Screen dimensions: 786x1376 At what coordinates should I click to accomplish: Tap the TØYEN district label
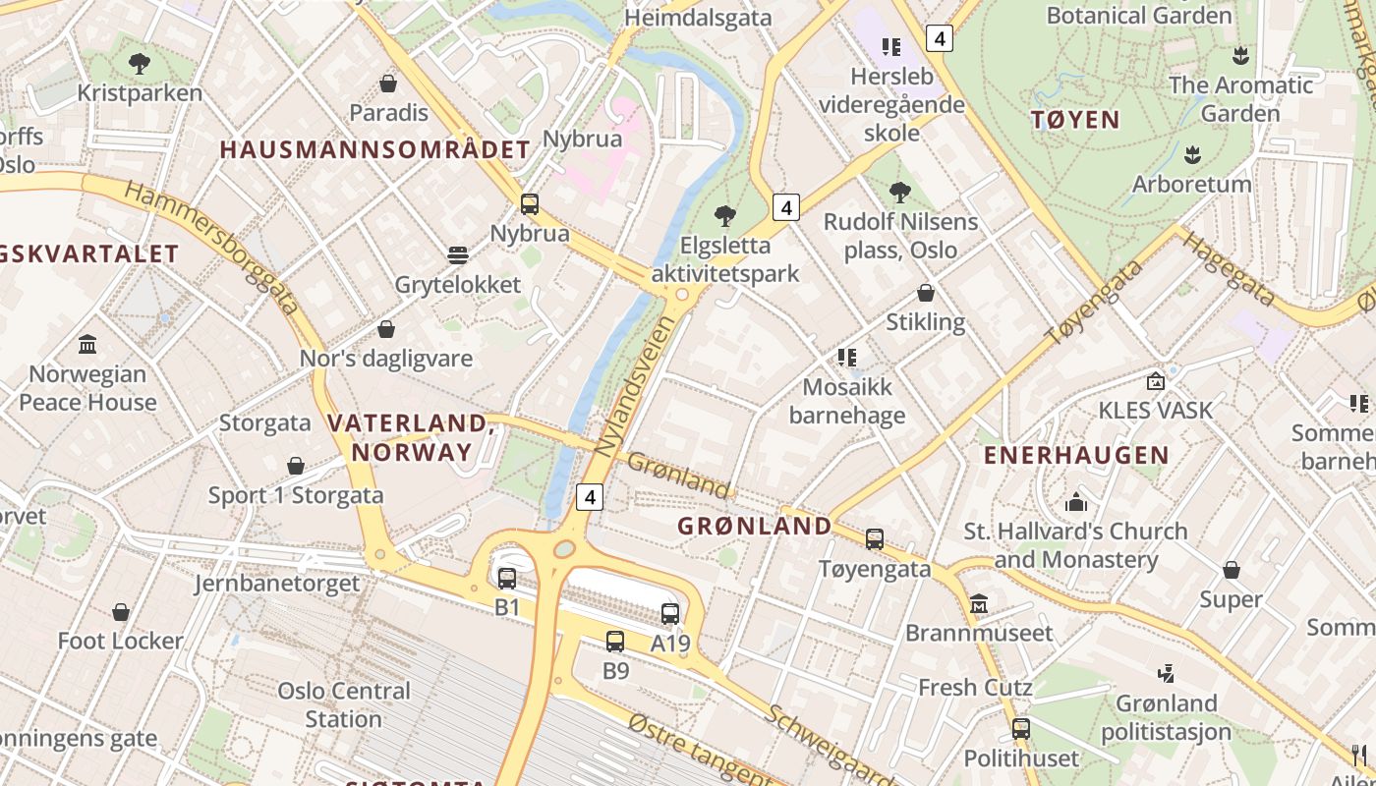(x=1075, y=120)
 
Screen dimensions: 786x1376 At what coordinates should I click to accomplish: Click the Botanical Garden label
(x=1139, y=16)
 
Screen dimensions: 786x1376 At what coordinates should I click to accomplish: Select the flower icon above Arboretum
(x=1192, y=154)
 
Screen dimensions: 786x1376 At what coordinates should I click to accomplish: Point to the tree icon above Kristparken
(x=140, y=64)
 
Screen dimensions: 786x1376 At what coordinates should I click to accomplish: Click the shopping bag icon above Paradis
(x=388, y=84)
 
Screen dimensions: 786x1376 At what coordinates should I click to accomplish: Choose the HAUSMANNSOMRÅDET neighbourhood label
(x=374, y=150)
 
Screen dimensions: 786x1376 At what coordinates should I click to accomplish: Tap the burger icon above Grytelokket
(x=458, y=255)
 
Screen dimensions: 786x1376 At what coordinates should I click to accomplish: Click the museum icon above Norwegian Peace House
(x=87, y=344)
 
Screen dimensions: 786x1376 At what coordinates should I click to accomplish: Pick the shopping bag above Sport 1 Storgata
(x=296, y=466)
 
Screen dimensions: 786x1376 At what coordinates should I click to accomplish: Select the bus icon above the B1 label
(x=507, y=579)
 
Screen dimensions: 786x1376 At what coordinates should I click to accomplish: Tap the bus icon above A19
(x=670, y=614)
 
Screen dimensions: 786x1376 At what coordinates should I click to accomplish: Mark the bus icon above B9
(x=615, y=642)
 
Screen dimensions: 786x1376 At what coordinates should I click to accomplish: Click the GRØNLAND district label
(x=755, y=526)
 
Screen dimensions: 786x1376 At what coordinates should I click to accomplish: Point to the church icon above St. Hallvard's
(x=1076, y=502)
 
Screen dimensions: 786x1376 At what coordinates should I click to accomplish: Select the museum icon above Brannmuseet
(x=979, y=603)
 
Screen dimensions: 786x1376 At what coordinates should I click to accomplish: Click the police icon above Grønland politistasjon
(x=1166, y=674)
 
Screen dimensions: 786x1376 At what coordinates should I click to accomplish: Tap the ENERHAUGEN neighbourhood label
(x=1076, y=456)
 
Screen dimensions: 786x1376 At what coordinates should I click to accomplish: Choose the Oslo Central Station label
(x=343, y=704)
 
